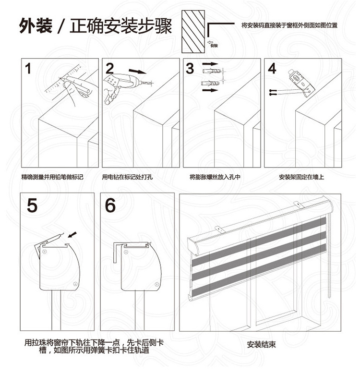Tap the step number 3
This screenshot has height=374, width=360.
point(190,69)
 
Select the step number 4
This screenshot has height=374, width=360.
point(272,68)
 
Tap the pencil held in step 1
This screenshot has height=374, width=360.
point(77,82)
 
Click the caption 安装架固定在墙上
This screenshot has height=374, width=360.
point(301,177)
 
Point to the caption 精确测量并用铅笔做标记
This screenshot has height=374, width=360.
point(52,177)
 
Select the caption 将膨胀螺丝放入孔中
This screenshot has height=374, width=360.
point(215,177)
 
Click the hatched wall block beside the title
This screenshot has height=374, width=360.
point(193,32)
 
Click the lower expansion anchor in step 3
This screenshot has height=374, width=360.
point(210,84)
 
